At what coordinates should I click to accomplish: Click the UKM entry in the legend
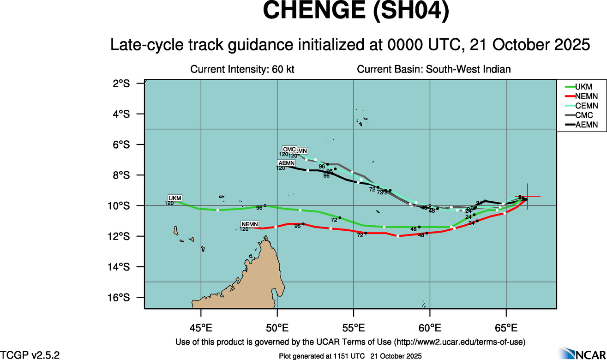583,86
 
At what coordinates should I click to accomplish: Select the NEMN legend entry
585,96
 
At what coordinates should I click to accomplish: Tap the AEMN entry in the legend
585,125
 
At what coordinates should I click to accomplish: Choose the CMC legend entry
583,115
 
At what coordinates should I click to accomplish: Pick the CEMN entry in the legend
585,106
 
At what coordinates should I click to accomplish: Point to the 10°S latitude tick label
121,205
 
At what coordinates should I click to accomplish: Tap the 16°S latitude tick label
121,297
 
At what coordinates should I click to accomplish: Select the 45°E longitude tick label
201,328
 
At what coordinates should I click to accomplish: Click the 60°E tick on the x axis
430,328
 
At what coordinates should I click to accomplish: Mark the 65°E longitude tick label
506,328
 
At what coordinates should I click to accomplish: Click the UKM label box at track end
175,198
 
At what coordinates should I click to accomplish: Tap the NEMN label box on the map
250,224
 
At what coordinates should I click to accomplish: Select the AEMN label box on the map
286,163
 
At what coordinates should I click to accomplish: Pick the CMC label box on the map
289,149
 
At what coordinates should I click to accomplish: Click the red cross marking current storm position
527,197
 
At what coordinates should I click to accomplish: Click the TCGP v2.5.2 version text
30,355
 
